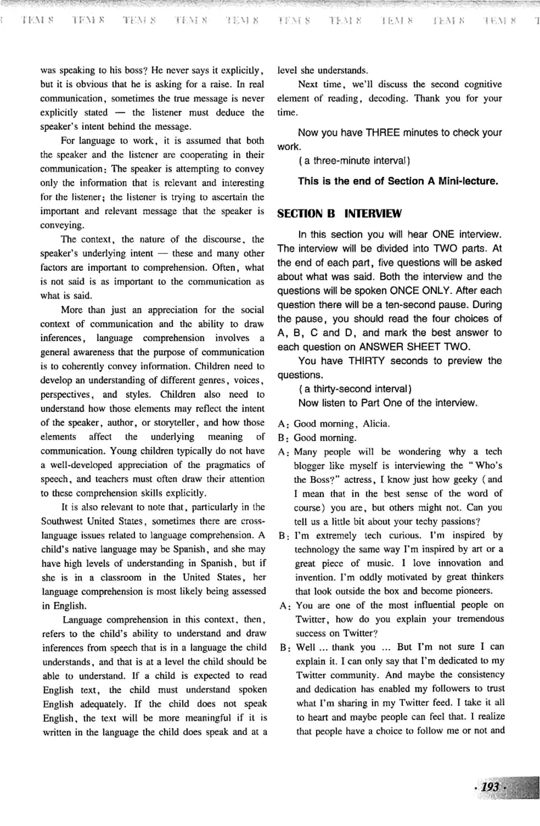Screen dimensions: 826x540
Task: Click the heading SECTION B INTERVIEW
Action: click(340, 214)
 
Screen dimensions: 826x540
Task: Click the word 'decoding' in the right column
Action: click(387, 98)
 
